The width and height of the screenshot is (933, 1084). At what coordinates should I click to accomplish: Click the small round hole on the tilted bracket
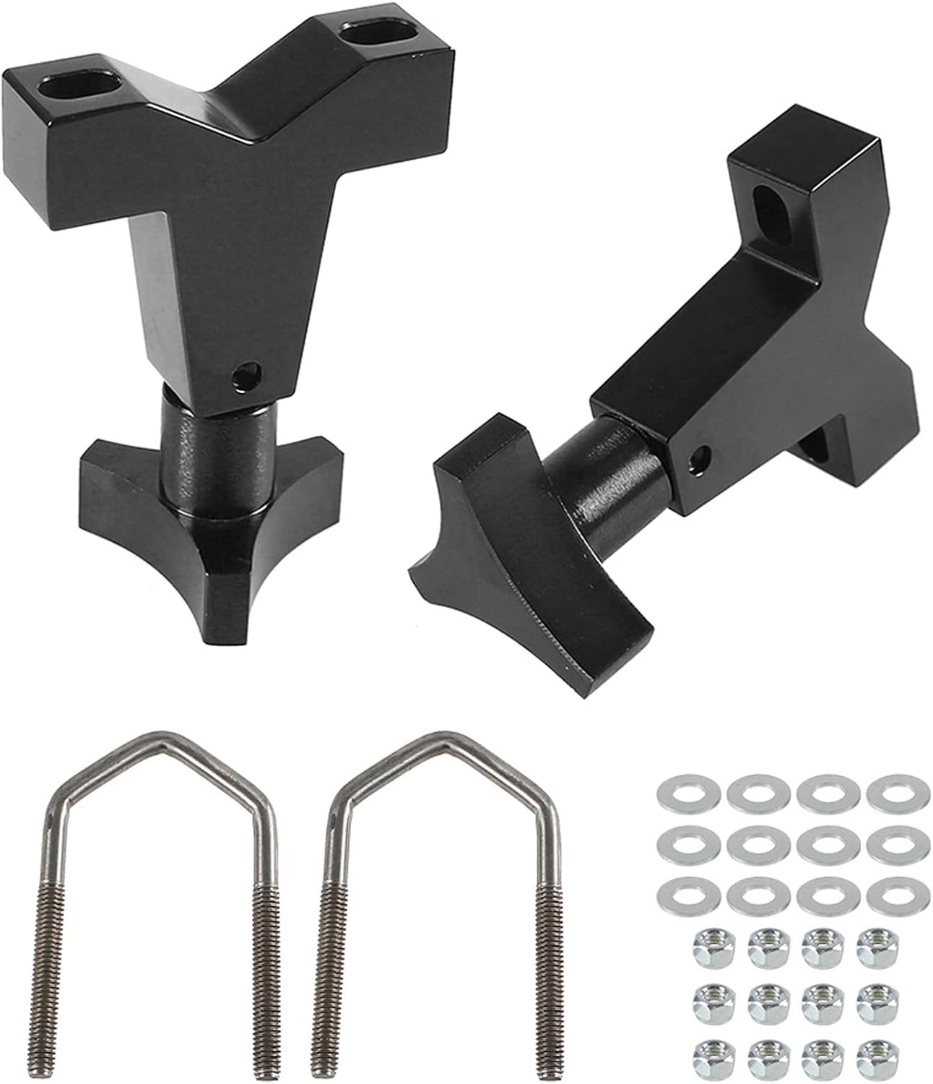pos(698,457)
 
